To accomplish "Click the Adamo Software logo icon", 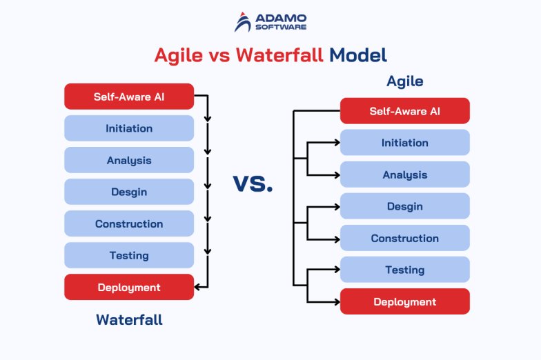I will pyautogui.click(x=243, y=22).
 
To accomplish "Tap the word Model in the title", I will pyautogui.click(x=358, y=54).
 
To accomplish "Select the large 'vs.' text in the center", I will pyautogui.click(x=253, y=184).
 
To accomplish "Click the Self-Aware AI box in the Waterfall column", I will pyautogui.click(x=129, y=97).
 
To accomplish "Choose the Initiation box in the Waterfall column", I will pyautogui.click(x=129, y=128).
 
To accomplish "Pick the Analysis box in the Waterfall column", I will pyautogui.click(x=129, y=160).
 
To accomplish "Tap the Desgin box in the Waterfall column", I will pyautogui.click(x=129, y=192).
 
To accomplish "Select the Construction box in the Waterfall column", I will pyautogui.click(x=129, y=223).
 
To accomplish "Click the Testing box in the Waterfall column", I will pyautogui.click(x=129, y=255).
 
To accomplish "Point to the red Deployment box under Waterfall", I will pyautogui.click(x=129, y=287).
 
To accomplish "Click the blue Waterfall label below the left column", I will pyautogui.click(x=129, y=320).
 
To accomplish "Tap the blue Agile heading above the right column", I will pyautogui.click(x=405, y=81).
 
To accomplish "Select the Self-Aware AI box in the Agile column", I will pyautogui.click(x=405, y=111).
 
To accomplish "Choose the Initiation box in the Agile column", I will pyautogui.click(x=405, y=143).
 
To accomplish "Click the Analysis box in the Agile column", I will pyautogui.click(x=405, y=174).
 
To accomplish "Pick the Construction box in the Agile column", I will pyautogui.click(x=405, y=238).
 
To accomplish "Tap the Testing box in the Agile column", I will pyautogui.click(x=405, y=270).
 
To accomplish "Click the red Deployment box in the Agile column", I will pyautogui.click(x=405, y=301).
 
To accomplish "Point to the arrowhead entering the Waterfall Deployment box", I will pyautogui.click(x=199, y=287).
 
